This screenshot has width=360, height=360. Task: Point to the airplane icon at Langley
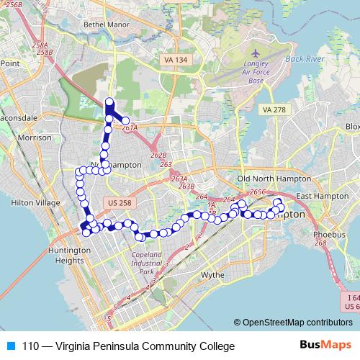(x=256, y=53)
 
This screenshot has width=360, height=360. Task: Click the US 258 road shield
(x=115, y=203)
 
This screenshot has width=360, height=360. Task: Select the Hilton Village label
(x=35, y=203)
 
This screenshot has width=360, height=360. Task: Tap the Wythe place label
(x=213, y=275)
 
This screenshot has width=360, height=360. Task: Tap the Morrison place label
(x=35, y=137)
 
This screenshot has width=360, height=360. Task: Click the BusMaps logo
(x=321, y=346)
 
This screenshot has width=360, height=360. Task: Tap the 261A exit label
(x=130, y=128)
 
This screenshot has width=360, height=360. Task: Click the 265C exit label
(x=258, y=192)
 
